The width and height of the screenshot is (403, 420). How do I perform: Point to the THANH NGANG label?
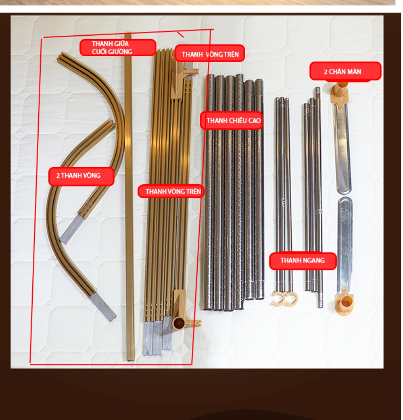303,261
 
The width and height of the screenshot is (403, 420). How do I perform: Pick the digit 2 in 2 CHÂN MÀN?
326,72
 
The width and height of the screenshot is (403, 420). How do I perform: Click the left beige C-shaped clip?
277,298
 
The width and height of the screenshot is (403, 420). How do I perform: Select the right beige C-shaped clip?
291,299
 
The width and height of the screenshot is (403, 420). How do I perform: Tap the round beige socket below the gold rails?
178,323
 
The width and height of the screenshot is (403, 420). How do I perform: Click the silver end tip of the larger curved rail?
103,307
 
